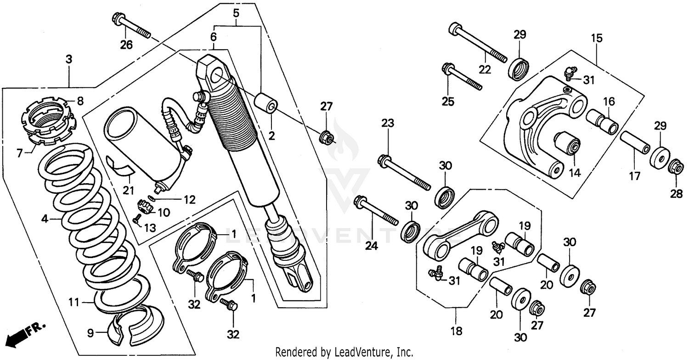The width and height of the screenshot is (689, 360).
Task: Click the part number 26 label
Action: (126, 45)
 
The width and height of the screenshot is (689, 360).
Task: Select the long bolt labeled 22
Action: (478, 44)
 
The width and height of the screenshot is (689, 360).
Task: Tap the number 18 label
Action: (456, 331)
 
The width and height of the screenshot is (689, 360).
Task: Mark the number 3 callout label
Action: (68, 59)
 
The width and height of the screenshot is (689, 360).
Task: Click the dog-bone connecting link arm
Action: (459, 234)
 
